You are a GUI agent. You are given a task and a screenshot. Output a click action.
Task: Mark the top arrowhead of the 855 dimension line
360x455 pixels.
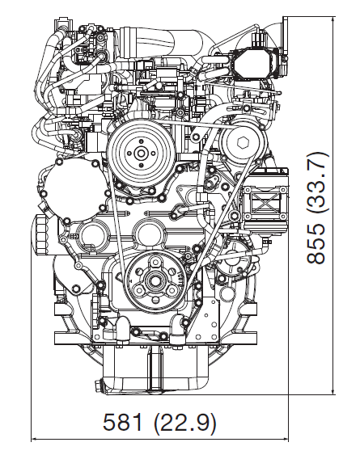pyautogui.click(x=333, y=18)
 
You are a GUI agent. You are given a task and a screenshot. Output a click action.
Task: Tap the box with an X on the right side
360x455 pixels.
pyautogui.click(x=265, y=200)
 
